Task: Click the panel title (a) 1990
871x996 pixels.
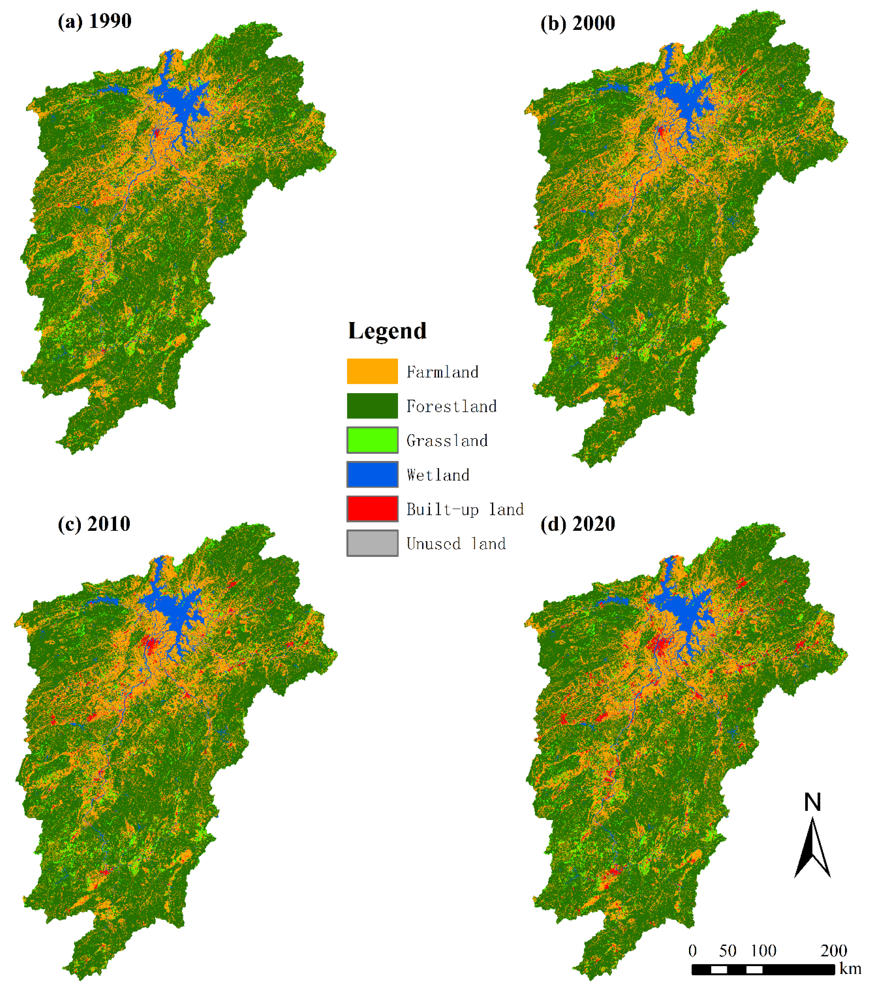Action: [94, 21]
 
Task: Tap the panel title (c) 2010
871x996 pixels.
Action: [94, 524]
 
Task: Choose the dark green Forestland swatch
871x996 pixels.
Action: [372, 406]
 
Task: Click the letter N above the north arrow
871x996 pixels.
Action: [812, 802]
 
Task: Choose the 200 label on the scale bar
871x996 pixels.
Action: [834, 950]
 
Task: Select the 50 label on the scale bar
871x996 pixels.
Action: [728, 950]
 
